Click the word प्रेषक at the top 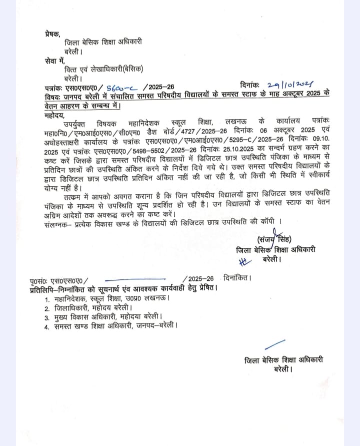coord(52,34)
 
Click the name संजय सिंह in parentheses coord(274,238)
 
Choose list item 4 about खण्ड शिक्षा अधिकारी coord(114,327)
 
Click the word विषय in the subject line coord(52,97)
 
